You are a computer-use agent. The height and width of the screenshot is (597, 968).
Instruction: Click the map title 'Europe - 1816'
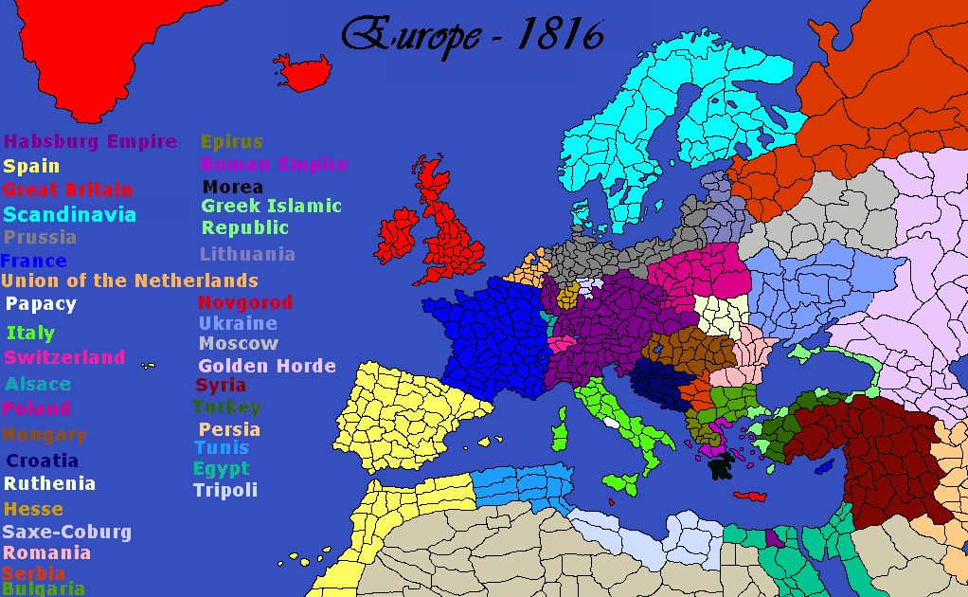[472, 35]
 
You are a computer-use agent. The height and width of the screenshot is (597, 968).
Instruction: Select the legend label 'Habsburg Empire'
[91, 142]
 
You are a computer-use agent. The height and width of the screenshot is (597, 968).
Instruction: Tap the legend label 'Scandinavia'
[70, 215]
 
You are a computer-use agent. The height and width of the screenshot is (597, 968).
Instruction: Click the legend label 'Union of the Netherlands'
[130, 281]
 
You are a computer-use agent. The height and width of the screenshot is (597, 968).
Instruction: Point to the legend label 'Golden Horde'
[267, 366]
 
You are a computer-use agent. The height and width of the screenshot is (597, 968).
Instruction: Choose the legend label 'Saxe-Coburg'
[67, 532]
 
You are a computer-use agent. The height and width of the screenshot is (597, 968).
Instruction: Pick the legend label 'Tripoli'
[225, 490]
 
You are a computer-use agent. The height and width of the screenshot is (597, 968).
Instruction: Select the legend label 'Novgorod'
[244, 303]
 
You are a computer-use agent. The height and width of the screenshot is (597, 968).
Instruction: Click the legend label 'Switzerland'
[64, 357]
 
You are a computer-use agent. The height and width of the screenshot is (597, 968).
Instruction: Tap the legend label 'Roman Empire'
[275, 164]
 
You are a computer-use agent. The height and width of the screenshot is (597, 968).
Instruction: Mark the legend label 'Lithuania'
[247, 254]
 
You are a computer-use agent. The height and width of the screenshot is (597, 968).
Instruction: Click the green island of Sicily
[621, 482]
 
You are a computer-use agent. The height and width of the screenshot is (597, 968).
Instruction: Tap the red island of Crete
[748, 497]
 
